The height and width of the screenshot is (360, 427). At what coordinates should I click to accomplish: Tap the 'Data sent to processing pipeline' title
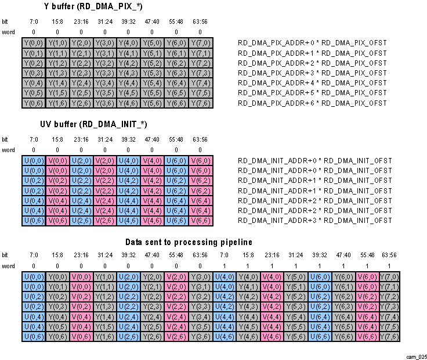[x=189, y=242]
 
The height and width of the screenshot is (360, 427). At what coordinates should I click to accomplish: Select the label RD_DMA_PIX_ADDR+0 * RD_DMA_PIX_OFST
[x=312, y=44]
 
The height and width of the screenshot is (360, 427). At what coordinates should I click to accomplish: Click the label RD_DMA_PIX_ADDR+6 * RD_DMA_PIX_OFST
[x=312, y=103]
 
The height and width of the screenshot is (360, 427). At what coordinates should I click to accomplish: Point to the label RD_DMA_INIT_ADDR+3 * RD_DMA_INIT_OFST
[x=314, y=221]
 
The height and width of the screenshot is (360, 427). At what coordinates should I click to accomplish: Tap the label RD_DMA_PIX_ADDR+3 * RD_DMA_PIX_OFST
[x=312, y=73]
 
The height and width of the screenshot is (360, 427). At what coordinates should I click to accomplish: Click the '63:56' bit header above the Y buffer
[x=200, y=21]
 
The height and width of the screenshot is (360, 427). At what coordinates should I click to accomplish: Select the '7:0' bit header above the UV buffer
[x=33, y=139]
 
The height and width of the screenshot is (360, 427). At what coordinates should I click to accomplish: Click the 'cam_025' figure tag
[x=416, y=355]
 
